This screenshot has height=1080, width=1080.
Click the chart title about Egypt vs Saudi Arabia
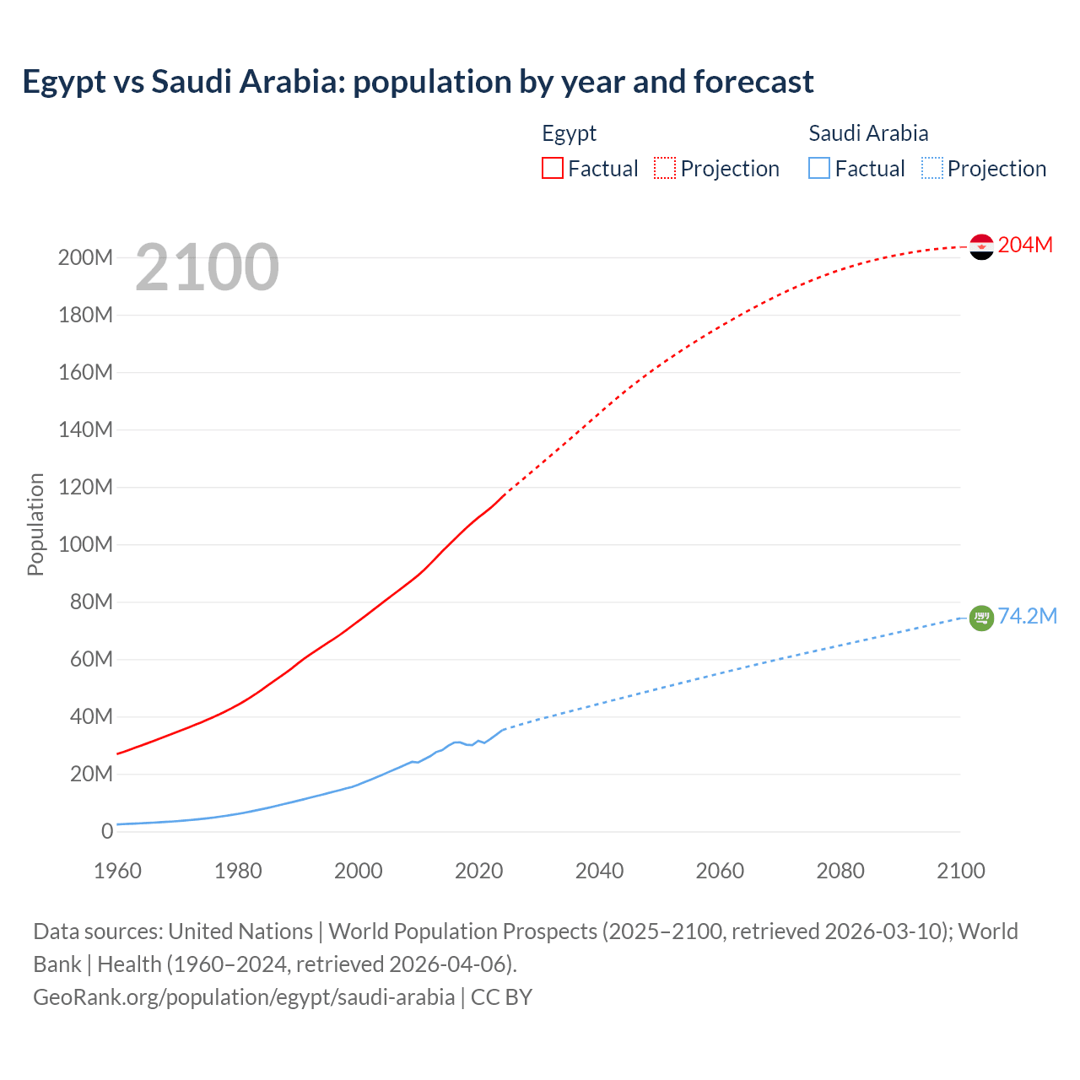pos(418,82)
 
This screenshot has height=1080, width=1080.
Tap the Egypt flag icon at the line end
pos(981,246)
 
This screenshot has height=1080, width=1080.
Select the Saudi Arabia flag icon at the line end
pos(981,618)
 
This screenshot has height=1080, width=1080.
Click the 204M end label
pos(1025,245)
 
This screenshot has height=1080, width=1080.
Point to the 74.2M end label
pos(1027,616)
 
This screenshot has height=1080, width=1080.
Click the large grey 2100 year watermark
pos(207,267)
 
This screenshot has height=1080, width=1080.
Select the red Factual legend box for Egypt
pos(553,168)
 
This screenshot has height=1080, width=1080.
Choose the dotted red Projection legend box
pos(665,168)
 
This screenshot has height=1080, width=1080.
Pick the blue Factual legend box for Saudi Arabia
pos(819,168)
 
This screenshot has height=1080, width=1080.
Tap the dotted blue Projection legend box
pos(932,168)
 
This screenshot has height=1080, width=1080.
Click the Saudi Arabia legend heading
pos(868,133)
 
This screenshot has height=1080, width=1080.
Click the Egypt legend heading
pos(569,133)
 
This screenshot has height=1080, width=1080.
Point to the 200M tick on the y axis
pos(85,257)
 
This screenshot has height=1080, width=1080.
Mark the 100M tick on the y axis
pos(85,544)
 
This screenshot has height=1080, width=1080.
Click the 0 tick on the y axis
pos(107,831)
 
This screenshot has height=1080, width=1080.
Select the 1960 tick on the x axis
pos(117,871)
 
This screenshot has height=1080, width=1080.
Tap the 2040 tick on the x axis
pos(599,871)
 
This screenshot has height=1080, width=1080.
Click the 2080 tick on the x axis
pos(840,871)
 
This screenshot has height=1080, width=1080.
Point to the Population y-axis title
pos(35,524)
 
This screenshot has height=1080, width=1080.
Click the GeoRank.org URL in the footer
pos(244,997)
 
